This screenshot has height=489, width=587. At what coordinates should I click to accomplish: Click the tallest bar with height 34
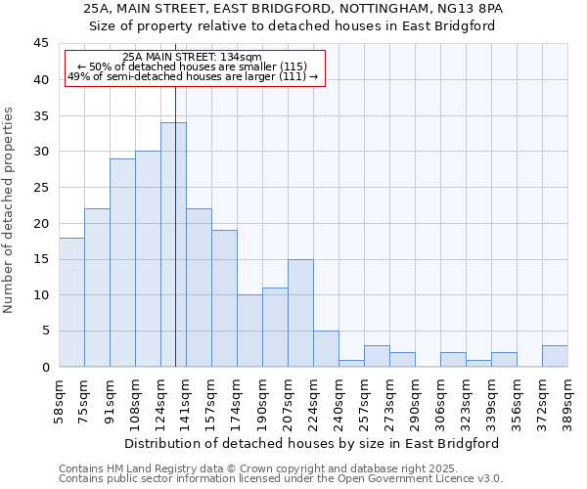(173, 244)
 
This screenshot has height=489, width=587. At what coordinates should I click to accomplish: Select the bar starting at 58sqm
(71, 302)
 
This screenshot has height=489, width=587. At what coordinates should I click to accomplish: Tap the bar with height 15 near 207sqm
(300, 313)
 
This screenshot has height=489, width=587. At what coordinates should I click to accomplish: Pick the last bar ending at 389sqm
(555, 356)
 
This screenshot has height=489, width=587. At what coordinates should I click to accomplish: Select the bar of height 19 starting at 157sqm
(224, 298)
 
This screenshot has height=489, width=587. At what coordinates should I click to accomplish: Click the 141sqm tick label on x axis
(186, 398)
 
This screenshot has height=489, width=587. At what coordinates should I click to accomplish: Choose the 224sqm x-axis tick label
(313, 398)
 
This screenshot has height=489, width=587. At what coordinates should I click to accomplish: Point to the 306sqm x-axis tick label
(440, 398)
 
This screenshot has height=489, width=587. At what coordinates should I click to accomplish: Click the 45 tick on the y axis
(41, 44)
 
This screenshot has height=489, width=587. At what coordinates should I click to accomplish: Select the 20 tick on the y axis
(41, 223)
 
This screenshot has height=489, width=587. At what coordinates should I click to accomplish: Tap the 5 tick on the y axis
(45, 331)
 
